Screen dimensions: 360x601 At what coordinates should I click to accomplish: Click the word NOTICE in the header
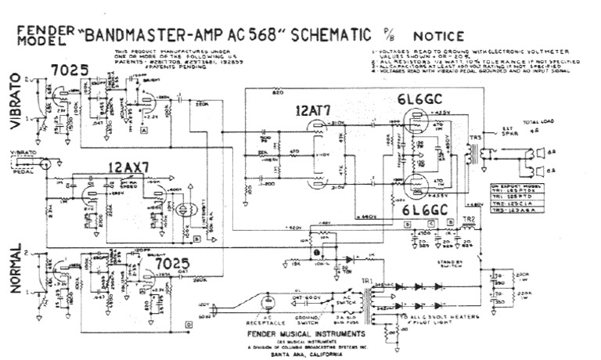click(x=439, y=35)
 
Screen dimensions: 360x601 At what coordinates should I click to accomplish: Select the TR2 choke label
click(x=469, y=220)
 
